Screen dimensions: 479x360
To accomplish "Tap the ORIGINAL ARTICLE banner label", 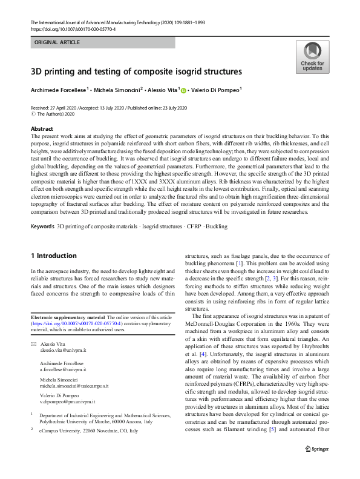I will coord(58,44).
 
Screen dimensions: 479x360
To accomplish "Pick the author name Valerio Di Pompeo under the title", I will coord(215,90).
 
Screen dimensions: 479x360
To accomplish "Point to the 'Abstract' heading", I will coord(42,129).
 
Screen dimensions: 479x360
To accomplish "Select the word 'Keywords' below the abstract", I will coord(42,226).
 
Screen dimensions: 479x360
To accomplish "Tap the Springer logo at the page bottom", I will coord(316,465).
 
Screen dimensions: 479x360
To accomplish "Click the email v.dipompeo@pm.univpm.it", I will coord(67,401).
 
